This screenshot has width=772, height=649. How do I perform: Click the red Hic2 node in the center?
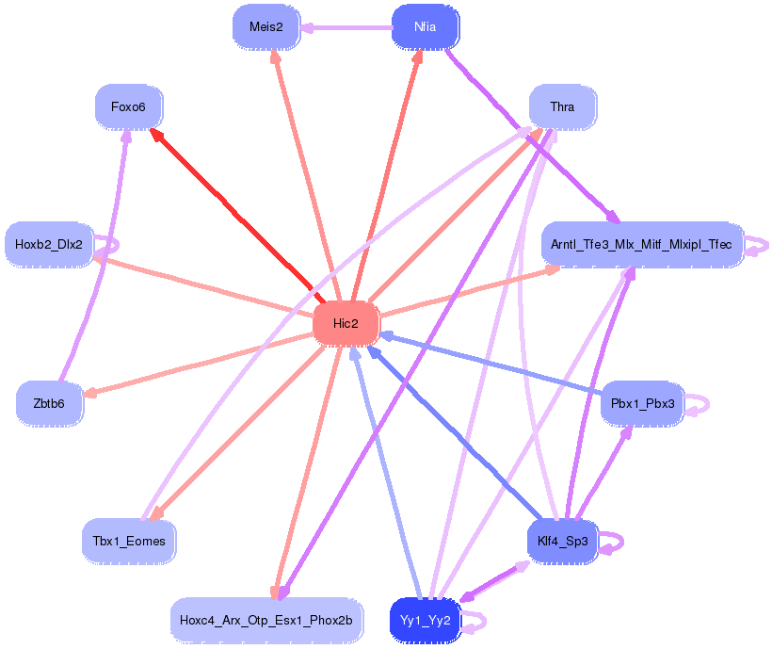(x=346, y=323)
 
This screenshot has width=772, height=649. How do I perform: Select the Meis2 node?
(x=265, y=26)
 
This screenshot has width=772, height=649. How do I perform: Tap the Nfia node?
(x=425, y=26)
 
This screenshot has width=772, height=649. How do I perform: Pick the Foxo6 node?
(x=128, y=106)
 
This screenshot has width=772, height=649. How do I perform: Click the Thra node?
(x=562, y=106)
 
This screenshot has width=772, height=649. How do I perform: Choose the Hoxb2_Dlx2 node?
(x=49, y=244)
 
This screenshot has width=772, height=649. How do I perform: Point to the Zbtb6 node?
(x=49, y=403)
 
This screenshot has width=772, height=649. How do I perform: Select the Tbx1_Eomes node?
(x=129, y=541)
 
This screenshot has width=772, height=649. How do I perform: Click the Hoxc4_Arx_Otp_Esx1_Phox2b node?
(x=266, y=620)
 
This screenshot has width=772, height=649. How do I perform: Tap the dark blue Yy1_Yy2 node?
(x=426, y=620)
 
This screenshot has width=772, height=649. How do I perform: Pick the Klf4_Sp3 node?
(x=562, y=541)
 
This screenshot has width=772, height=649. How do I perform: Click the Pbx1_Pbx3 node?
(x=642, y=403)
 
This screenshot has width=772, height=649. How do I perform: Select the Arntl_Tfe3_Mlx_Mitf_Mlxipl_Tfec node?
(x=642, y=244)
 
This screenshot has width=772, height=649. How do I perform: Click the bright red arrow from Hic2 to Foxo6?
(x=232, y=211)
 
